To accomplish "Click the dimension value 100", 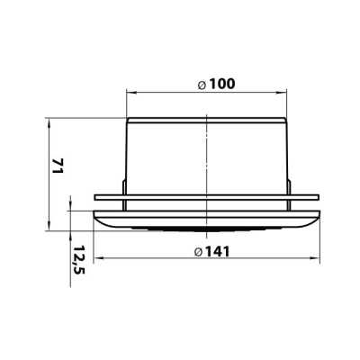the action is point(221,84).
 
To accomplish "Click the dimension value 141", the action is point(216,251).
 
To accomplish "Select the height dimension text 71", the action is point(57,166).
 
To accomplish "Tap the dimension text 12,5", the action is point(79,260).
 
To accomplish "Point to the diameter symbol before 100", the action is point(202,85).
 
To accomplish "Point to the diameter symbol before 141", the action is point(198,253).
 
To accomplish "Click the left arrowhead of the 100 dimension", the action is point(131,93).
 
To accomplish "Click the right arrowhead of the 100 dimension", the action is point(282,93).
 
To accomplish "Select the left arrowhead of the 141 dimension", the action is point(99,257).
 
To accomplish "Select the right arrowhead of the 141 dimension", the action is point(315,257).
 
